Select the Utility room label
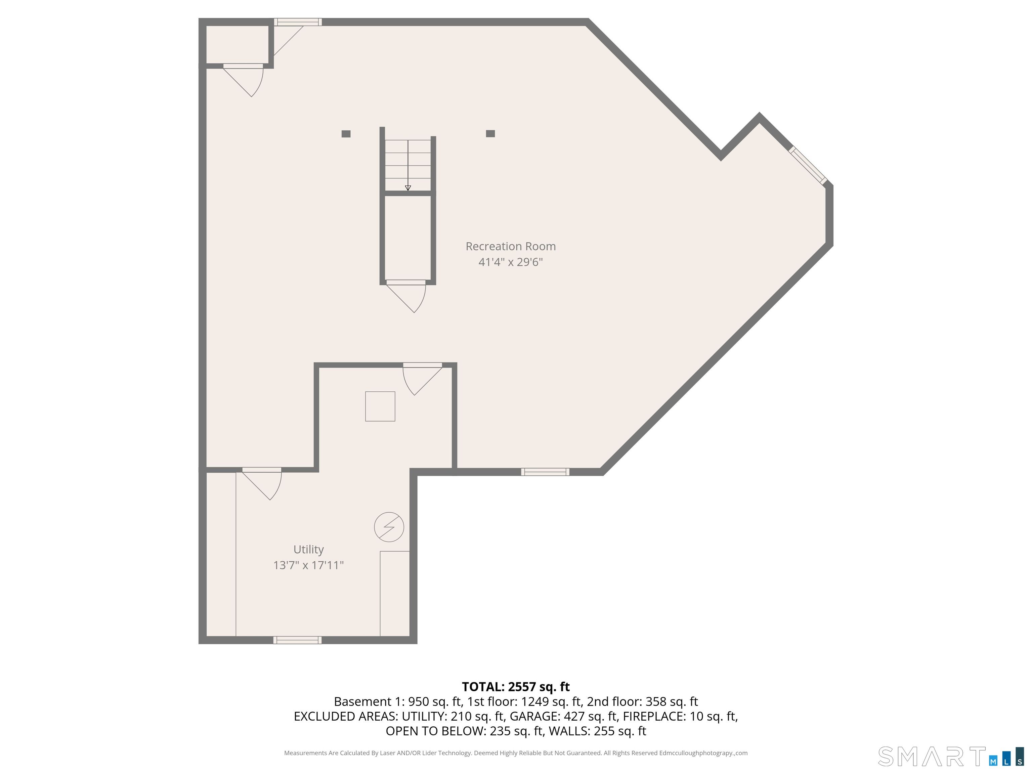[308, 550]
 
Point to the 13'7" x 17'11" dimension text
[308, 565]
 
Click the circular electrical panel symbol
[389, 527]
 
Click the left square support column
[346, 134]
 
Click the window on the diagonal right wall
[808, 165]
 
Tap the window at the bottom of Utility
[297, 640]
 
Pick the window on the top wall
[298, 22]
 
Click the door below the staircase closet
[406, 296]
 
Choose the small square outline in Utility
[380, 406]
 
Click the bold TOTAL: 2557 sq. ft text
[516, 687]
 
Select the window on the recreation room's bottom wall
[545, 472]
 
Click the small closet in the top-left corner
[238, 44]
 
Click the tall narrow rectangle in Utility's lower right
[395, 594]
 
